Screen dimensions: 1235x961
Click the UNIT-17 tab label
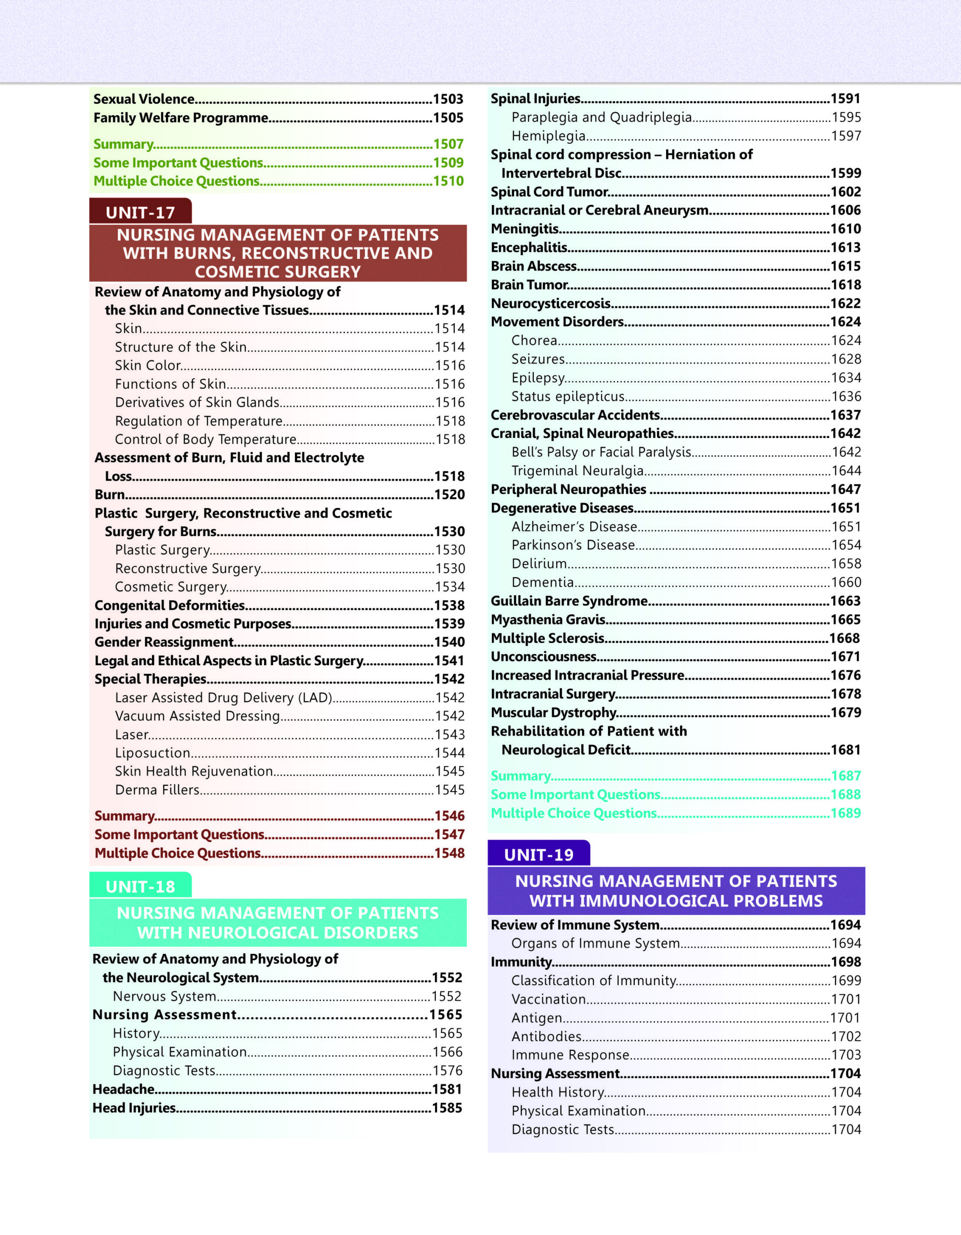pos(140,213)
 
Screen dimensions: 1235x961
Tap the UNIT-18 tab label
pos(140,886)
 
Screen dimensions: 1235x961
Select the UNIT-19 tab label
pos(539,854)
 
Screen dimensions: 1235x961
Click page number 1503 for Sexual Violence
pos(448,99)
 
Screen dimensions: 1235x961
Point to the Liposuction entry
pos(153,753)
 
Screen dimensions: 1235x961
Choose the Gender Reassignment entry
pos(164,642)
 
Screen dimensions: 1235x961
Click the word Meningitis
pos(525,229)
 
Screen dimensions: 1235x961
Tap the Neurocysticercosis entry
pos(550,303)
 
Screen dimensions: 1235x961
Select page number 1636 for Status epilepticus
pos(846,397)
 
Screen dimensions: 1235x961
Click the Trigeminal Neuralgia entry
pos(577,470)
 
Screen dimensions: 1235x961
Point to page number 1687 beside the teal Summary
pos(846,776)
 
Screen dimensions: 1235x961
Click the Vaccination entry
pos(549,999)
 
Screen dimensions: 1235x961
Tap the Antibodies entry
pos(546,1037)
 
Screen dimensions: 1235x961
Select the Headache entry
pos(123,1089)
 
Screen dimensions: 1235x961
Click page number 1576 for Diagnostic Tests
pos(447,1070)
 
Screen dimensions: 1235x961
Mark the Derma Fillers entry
pos(157,790)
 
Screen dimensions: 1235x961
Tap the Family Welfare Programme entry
pos(181,118)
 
